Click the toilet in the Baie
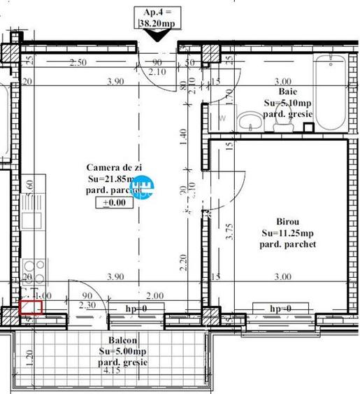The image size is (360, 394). (x=282, y=123)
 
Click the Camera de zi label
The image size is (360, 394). (x=113, y=167)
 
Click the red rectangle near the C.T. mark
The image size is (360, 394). (x=31, y=306)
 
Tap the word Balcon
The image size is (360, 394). (x=114, y=339)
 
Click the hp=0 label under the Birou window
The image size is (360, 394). (x=281, y=308)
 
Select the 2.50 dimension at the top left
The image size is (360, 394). (x=78, y=62)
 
